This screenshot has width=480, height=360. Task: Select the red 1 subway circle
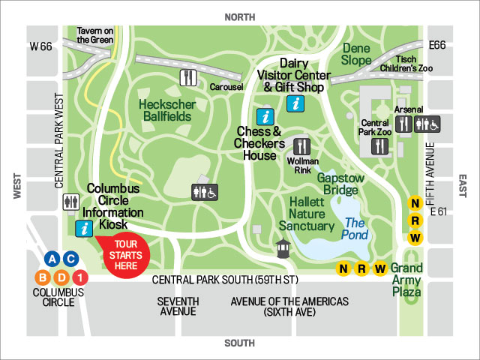(82, 277)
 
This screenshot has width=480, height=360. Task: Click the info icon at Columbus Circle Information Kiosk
(85, 228)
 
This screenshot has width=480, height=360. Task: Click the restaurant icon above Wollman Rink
(302, 145)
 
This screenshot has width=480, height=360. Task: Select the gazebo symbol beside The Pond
(282, 248)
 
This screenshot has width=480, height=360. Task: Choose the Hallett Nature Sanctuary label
(307, 214)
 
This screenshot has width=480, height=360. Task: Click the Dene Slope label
(355, 53)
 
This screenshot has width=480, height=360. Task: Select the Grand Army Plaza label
(407, 279)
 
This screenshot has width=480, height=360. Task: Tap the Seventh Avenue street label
(178, 306)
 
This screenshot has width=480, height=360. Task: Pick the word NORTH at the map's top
(239, 16)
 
